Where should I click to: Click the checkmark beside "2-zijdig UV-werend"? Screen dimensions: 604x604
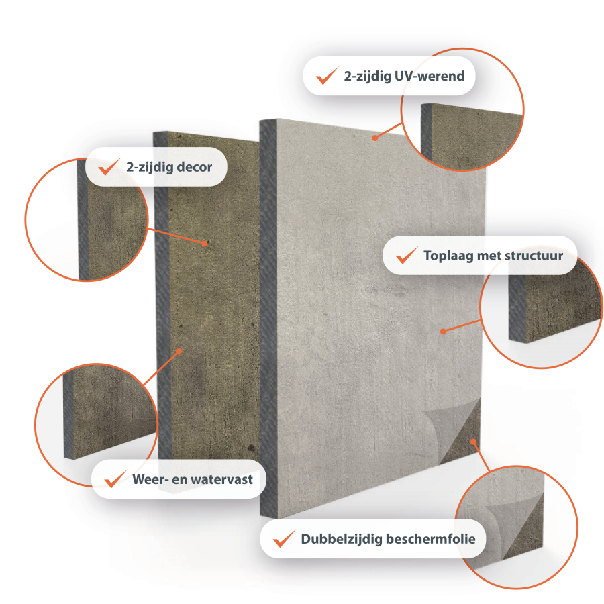327,75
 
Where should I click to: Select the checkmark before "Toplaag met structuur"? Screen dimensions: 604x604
407,255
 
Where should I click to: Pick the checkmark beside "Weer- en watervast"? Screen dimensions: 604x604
115,479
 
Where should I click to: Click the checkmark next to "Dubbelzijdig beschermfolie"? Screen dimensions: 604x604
285,538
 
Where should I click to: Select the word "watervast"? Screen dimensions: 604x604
222,479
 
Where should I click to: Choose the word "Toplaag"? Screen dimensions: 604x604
448,256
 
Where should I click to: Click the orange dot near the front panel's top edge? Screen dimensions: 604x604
374,138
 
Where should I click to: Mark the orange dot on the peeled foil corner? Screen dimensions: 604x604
473,442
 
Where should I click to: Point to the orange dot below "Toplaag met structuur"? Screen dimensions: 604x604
443,332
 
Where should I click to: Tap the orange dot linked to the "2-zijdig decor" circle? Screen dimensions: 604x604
205,243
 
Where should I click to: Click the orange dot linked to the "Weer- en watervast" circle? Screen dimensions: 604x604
179,351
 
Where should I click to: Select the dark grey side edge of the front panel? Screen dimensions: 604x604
268,319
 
